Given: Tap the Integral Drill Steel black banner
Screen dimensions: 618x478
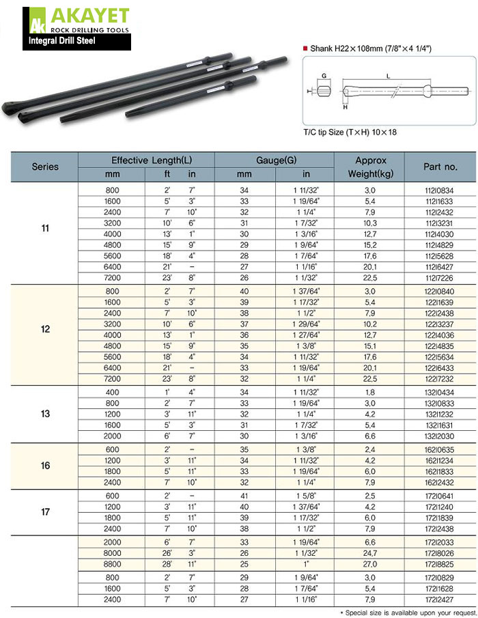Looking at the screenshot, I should coord(76,41).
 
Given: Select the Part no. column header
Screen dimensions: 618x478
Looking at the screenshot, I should coord(440,166).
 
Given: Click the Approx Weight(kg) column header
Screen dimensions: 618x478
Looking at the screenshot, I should coord(371,166).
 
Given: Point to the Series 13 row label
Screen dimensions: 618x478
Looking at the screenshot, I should coord(45,415).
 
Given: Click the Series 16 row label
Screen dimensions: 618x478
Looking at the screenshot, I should coord(45,466).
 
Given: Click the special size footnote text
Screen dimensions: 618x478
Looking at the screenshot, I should coord(407,612).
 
